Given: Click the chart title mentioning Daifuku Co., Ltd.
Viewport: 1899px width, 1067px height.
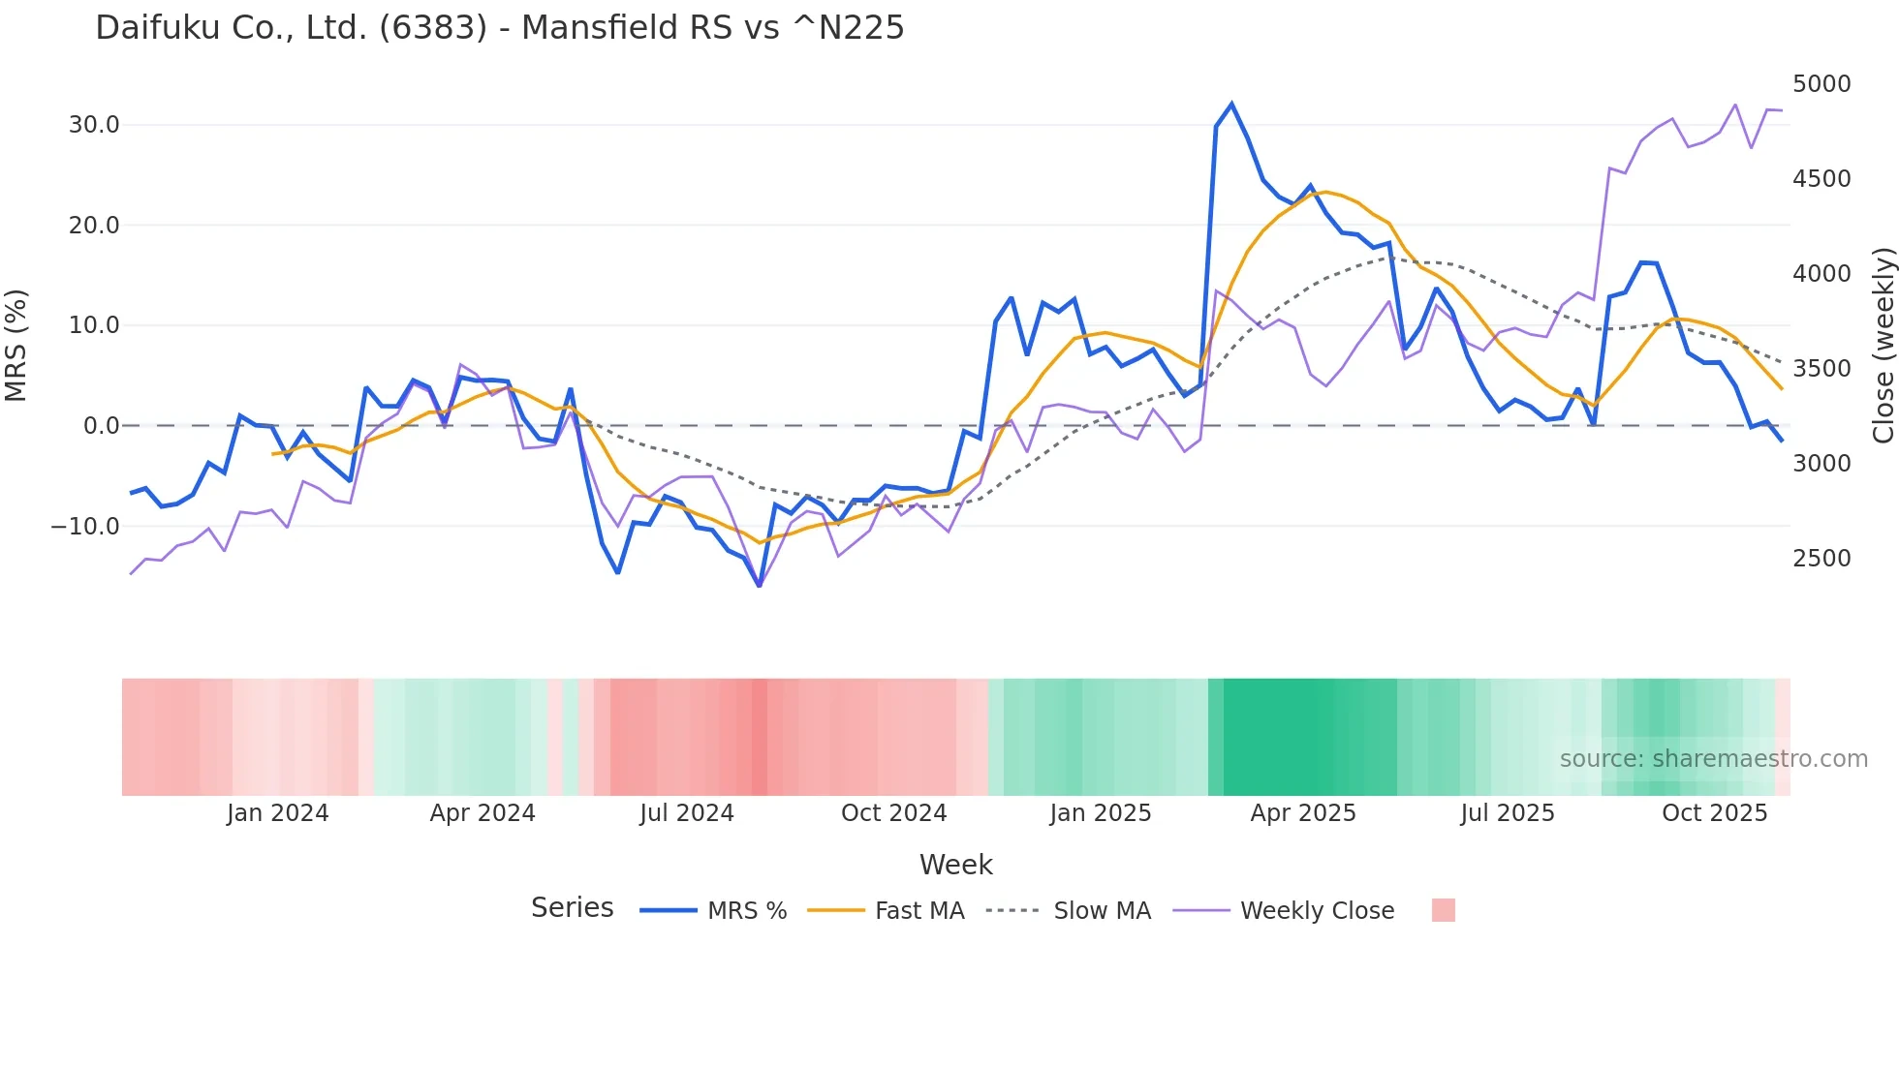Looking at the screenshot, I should [x=499, y=28].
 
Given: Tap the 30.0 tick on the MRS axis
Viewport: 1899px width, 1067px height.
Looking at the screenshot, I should [x=94, y=125].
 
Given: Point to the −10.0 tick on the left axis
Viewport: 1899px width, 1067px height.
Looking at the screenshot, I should [x=85, y=527].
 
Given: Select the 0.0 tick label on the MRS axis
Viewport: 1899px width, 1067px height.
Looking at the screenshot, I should [x=102, y=426].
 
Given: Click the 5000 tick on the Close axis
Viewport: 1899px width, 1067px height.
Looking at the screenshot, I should [x=1821, y=84].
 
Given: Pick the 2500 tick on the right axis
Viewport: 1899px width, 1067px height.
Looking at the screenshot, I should [x=1821, y=559].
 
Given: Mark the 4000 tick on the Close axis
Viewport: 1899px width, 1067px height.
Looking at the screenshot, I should [x=1821, y=274].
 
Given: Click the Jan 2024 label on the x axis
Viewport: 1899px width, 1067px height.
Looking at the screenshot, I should [x=278, y=813].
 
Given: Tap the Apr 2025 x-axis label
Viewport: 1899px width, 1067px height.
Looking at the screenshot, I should [x=1303, y=813].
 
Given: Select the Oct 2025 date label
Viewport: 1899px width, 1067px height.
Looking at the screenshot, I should [x=1715, y=813].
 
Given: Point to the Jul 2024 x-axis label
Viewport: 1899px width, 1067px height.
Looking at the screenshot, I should [x=687, y=813].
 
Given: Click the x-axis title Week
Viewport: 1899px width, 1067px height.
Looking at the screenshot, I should [x=955, y=865].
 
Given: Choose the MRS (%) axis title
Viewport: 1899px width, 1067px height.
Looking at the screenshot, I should [x=16, y=345].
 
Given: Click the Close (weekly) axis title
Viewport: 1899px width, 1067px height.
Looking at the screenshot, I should [x=1883, y=345].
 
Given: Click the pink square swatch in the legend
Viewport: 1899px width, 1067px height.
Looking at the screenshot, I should [x=1443, y=910].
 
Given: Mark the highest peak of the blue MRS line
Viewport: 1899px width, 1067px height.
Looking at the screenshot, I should [x=1231, y=104].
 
